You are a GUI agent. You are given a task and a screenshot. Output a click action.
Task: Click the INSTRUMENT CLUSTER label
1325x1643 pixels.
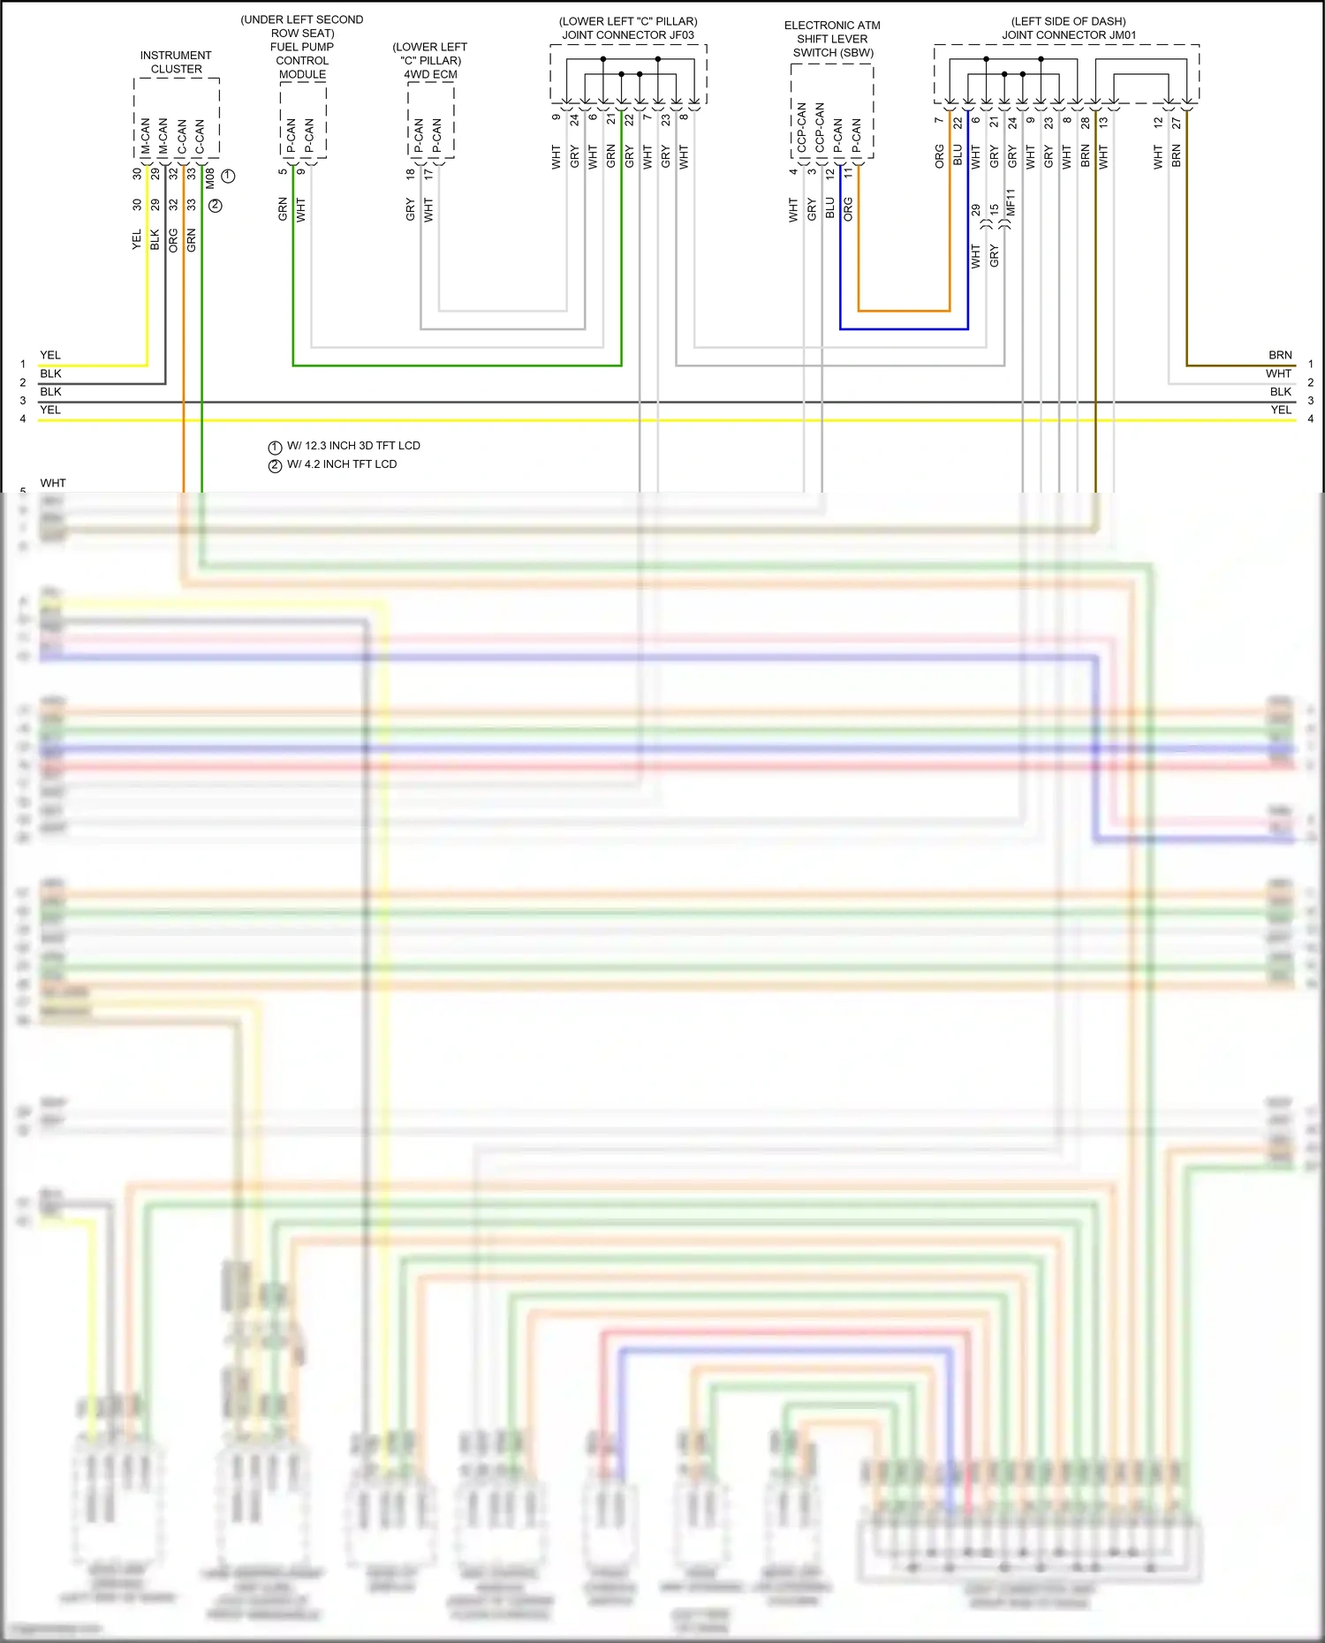coord(176,62)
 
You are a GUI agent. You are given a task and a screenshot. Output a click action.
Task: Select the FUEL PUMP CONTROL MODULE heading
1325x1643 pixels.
coord(302,54)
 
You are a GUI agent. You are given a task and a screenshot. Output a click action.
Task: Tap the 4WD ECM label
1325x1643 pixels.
coord(430,74)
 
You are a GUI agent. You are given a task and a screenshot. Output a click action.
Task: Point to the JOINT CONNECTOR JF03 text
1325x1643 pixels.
coord(628,35)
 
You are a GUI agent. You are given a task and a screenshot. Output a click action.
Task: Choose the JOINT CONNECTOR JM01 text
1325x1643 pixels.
coord(1069,35)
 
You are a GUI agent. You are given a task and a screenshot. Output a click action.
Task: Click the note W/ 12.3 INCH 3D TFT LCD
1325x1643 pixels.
coord(353,446)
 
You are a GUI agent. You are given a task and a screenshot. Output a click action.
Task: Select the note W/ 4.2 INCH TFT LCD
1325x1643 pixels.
coord(342,464)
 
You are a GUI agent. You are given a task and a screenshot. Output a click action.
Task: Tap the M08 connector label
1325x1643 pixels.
coord(210,177)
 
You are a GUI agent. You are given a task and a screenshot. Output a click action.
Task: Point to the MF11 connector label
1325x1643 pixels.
coord(1011,202)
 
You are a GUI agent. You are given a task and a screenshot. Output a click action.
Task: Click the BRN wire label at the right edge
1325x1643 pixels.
coord(1280,355)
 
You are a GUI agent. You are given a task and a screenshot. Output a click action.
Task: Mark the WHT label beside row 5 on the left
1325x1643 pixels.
coord(53,483)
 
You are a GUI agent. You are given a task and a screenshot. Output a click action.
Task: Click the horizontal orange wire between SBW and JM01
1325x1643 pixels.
coord(904,311)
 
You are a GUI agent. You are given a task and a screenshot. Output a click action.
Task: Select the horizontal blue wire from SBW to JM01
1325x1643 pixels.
coord(904,329)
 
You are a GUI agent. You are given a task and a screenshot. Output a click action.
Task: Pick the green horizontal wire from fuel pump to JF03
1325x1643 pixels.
coord(457,365)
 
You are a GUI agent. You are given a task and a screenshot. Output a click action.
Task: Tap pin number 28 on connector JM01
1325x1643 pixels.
coord(1086,123)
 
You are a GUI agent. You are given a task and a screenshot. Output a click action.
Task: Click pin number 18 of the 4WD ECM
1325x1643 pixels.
coord(411,175)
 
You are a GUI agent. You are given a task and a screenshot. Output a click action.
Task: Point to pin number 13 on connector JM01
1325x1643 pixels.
coord(1103,123)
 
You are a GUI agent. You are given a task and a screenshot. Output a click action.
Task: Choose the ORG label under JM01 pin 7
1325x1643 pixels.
coord(939,156)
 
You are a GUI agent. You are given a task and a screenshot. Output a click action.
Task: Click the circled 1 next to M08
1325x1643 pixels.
coord(229,176)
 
